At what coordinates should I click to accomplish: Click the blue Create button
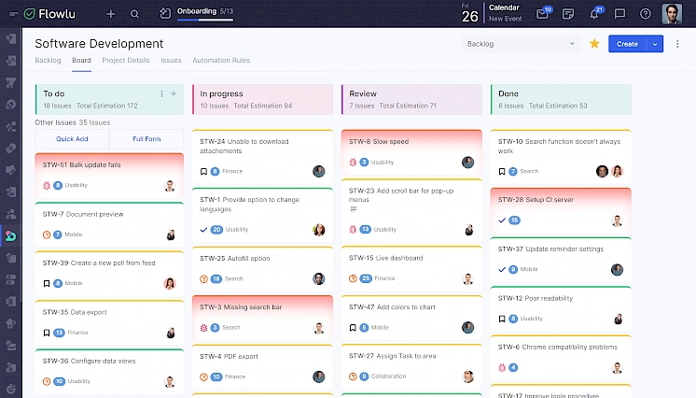tap(627, 44)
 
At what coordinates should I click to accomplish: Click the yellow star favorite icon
tap(594, 44)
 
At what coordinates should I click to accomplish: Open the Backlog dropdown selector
tap(521, 44)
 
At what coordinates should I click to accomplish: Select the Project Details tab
tap(126, 61)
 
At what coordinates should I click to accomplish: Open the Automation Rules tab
tap(221, 61)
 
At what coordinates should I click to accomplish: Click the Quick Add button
tap(72, 139)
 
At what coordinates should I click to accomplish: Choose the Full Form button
tap(146, 139)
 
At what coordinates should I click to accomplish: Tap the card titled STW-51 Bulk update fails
tap(82, 165)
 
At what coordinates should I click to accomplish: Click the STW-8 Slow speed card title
tap(379, 142)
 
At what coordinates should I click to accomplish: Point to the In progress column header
tap(222, 93)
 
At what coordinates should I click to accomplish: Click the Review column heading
tap(363, 93)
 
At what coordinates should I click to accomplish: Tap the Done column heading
tap(508, 93)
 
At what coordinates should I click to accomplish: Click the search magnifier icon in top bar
tap(135, 14)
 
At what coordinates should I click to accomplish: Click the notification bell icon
tap(594, 14)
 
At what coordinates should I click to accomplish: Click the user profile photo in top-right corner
tap(672, 14)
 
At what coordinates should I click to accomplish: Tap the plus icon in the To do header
tap(174, 93)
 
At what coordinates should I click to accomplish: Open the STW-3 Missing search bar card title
tap(241, 307)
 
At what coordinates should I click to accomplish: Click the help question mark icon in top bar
tap(645, 14)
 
